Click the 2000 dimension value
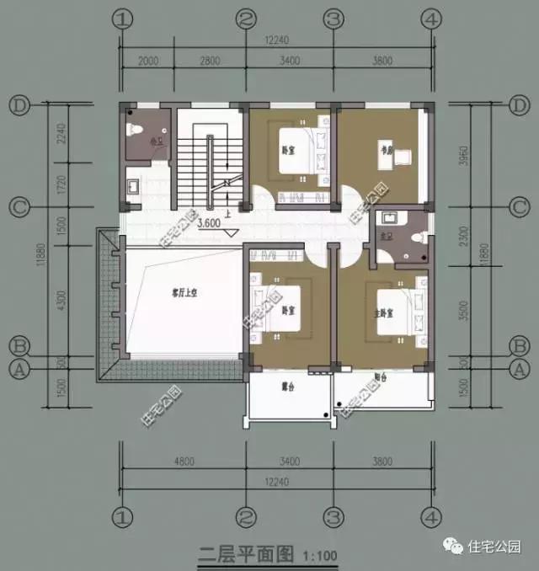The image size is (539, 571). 148,61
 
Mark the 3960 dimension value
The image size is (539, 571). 478,155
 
